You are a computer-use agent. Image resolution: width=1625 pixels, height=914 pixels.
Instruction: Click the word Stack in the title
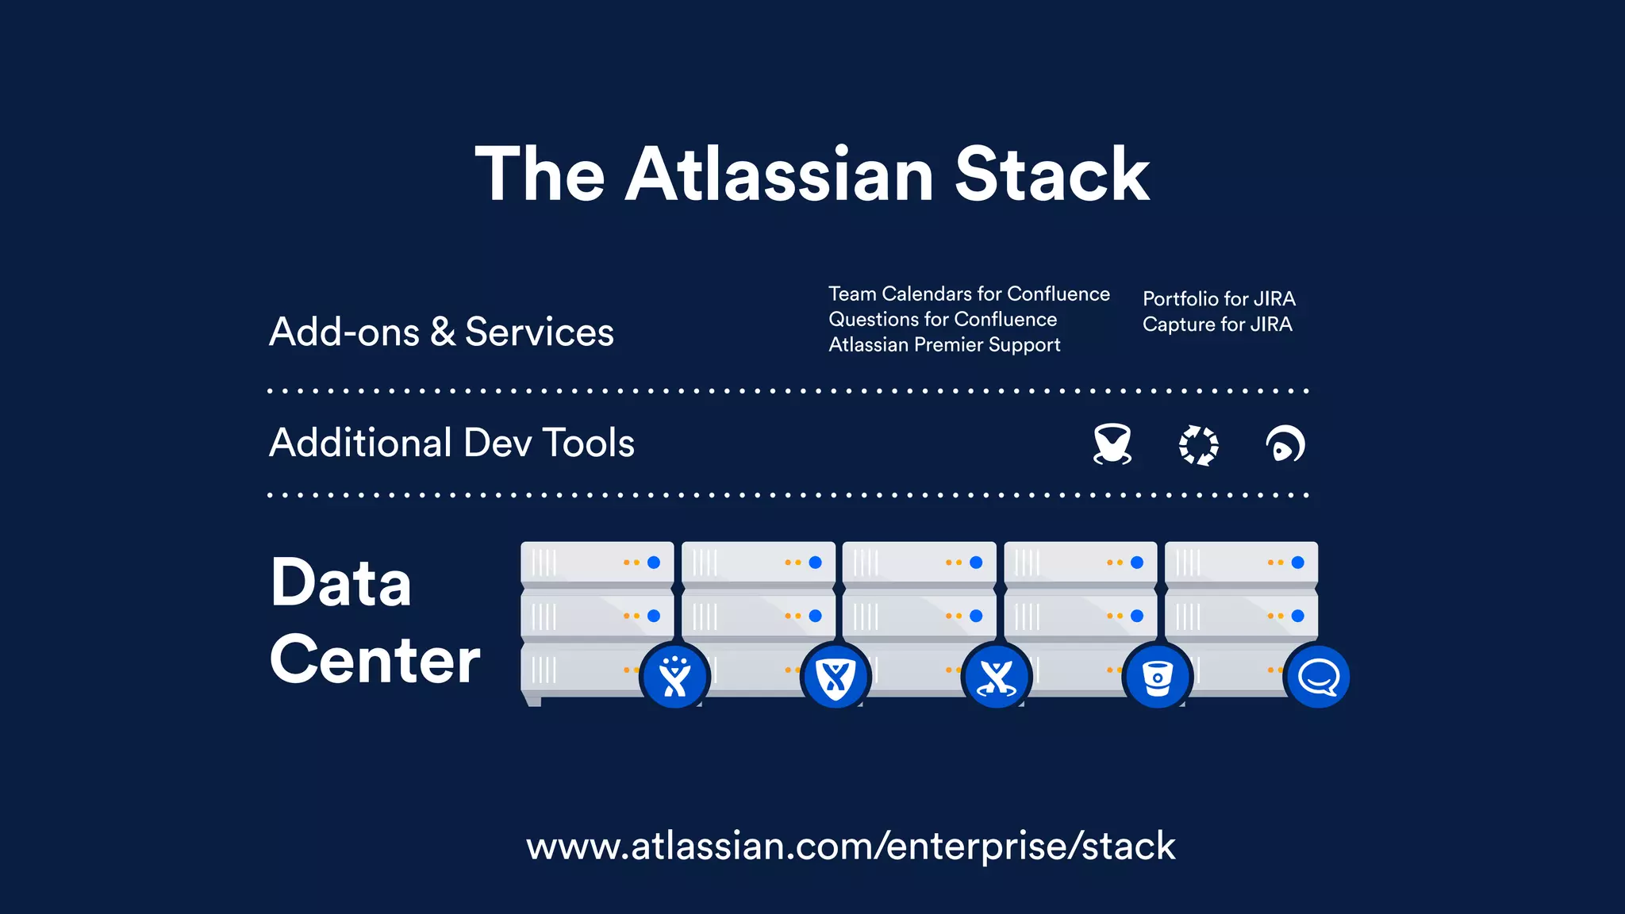coord(1051,175)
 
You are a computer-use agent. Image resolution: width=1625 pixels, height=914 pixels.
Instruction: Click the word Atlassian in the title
coord(779,175)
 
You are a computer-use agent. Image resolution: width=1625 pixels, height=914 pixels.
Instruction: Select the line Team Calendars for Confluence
coord(969,294)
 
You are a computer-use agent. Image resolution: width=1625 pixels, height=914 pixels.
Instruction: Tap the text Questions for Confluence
coord(943,320)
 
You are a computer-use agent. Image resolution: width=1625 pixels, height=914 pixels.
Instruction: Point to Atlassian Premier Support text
coord(944,345)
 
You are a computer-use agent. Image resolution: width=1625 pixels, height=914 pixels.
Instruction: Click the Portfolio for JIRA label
coord(1219,299)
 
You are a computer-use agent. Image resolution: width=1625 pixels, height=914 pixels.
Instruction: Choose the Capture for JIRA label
coord(1217,325)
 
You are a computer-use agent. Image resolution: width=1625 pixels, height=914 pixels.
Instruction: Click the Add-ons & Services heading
coord(441,332)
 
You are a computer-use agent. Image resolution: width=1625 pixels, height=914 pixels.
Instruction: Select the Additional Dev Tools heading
coord(451,443)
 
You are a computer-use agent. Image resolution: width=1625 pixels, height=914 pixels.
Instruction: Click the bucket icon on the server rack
coord(1158,677)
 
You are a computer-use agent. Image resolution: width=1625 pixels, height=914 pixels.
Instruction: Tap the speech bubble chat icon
coord(1318,677)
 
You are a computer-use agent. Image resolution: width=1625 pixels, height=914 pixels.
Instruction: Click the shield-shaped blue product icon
coord(836,677)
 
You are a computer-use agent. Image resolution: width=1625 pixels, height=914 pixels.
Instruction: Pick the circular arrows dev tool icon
coord(1198,445)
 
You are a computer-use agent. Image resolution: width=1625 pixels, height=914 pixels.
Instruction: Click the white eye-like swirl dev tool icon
coord(1285,444)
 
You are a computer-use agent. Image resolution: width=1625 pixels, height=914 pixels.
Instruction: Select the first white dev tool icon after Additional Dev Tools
coord(1112,444)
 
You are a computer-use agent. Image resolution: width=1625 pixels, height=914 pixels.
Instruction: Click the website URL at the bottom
coord(851,846)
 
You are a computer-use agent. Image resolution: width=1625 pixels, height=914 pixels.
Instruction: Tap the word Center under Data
coord(375,659)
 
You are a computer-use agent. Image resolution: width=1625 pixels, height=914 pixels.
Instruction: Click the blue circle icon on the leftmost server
coord(674,677)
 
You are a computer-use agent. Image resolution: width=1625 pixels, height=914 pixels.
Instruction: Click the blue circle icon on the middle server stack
coord(997,677)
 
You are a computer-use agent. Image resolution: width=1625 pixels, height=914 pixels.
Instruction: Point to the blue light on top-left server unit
coord(654,563)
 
